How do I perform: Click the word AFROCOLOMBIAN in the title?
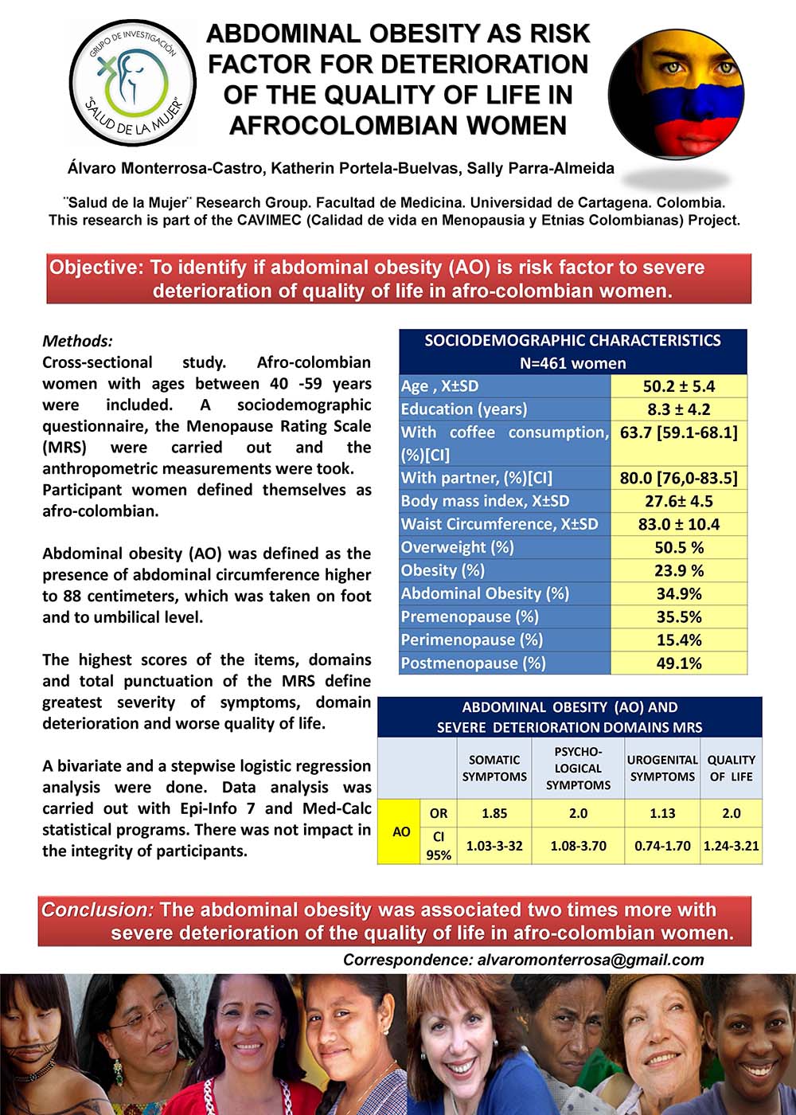(x=397, y=126)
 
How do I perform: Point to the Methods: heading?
(x=77, y=341)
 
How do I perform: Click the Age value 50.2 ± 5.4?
(x=678, y=386)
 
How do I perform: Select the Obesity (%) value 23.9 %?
(x=678, y=570)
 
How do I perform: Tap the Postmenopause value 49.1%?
(x=678, y=663)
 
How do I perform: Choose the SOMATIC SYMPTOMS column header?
(x=494, y=769)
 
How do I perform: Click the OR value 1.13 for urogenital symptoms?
(x=661, y=813)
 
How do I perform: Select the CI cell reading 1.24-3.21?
(x=731, y=846)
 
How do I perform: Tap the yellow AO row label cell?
(x=401, y=831)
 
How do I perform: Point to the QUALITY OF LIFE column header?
(x=731, y=769)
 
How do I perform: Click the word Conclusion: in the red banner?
(x=97, y=910)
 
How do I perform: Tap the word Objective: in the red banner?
(x=97, y=267)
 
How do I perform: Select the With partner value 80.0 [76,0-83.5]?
(x=678, y=478)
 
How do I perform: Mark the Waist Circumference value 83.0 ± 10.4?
(x=678, y=524)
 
